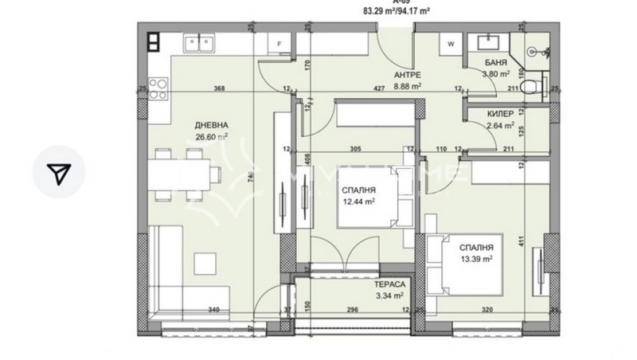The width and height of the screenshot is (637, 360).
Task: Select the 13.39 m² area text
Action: [x=480, y=260]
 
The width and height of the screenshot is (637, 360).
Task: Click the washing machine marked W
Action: [x=451, y=44]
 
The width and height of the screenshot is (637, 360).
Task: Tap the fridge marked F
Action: [x=279, y=45]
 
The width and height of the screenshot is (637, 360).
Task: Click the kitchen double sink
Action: [x=200, y=41]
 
